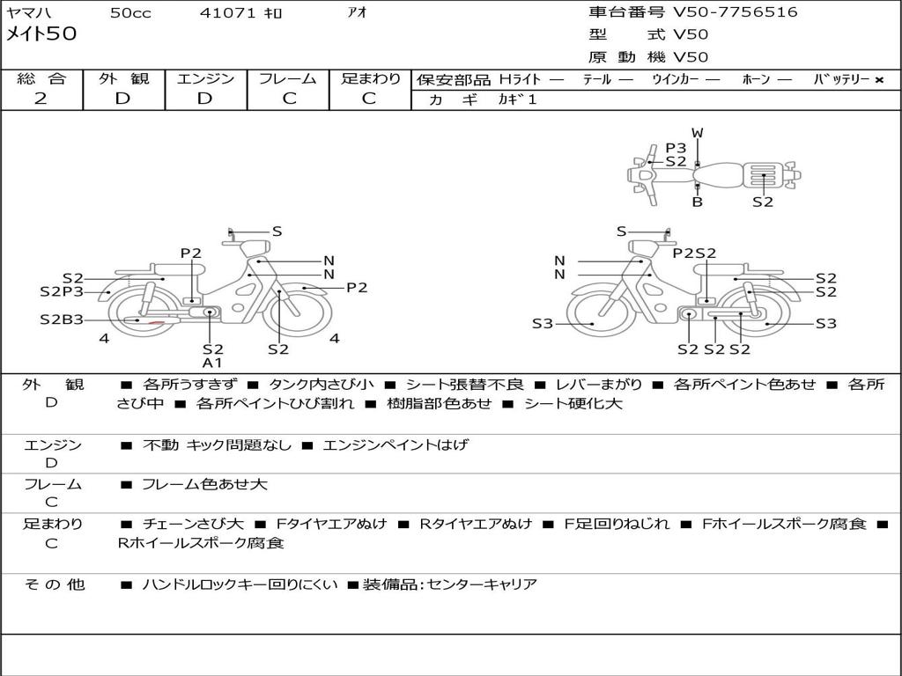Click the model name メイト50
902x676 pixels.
tap(41, 33)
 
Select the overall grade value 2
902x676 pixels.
tap(41, 99)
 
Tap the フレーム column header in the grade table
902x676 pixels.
tap(288, 78)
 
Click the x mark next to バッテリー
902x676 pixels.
tap(879, 80)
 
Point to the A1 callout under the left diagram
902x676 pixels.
tap(212, 363)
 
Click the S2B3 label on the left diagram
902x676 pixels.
tap(62, 319)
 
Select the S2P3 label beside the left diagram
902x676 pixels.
tap(62, 291)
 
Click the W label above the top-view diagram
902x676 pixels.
tap(698, 133)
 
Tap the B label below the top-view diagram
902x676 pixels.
tap(698, 202)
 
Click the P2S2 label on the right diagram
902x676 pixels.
tap(694, 253)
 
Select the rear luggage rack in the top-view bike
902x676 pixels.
tap(763, 175)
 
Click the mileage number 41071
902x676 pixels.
tap(227, 12)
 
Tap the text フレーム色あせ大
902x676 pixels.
tap(204, 484)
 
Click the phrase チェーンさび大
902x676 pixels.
tap(193, 524)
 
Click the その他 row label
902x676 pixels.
tap(54, 584)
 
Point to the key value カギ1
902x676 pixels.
tap(517, 99)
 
